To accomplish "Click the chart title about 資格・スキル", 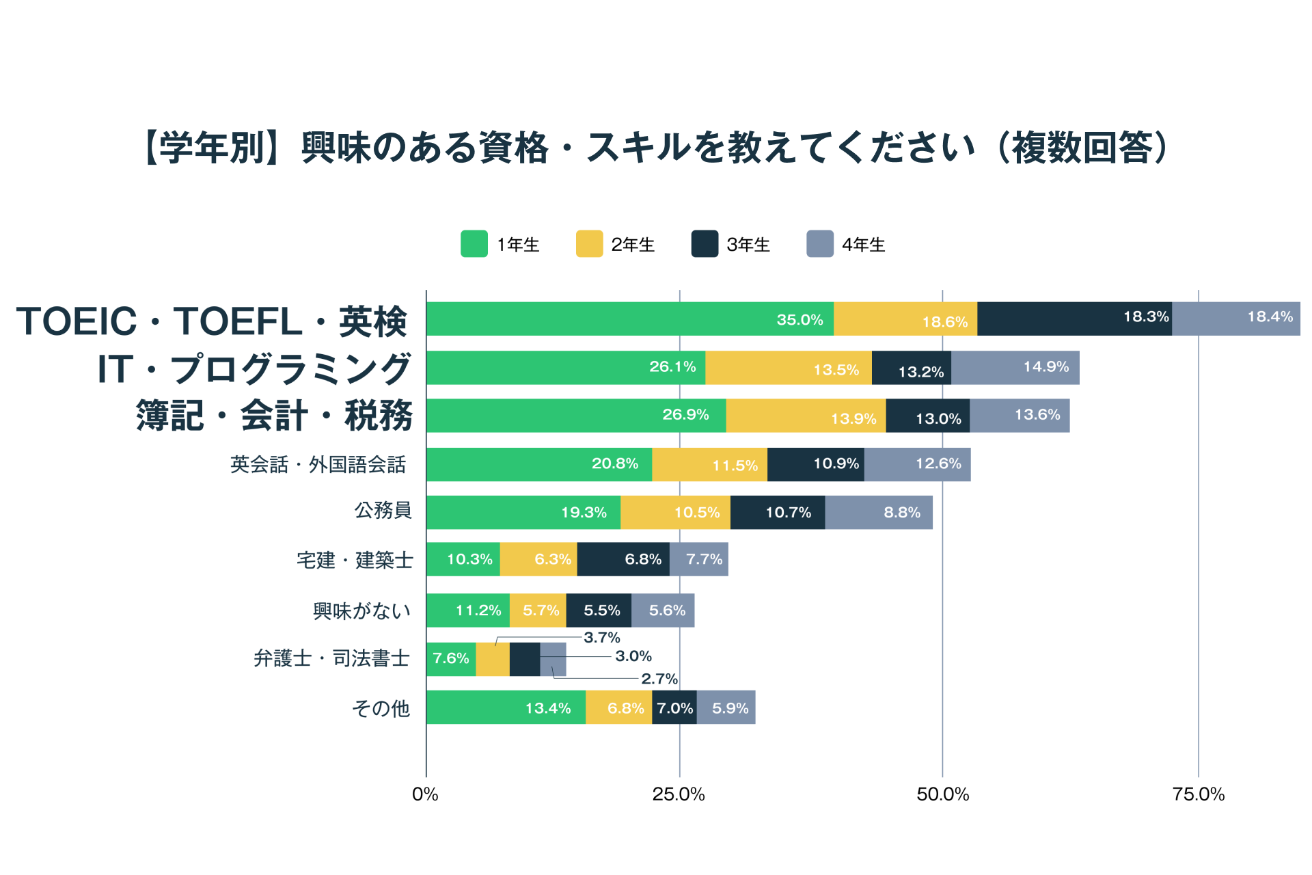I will [656, 148].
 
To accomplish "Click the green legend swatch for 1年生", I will [474, 244].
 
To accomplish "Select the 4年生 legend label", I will [863, 245].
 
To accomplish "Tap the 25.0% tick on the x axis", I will [679, 794].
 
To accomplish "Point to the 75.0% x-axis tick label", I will [1199, 794].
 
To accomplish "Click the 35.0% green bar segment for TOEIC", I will [629, 319].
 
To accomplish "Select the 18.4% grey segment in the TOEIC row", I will [1235, 319].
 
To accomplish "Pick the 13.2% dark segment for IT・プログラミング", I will [911, 368].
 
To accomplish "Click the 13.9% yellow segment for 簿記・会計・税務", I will [806, 416].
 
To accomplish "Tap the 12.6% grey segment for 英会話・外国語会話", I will [917, 464].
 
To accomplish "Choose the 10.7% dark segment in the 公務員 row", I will [777, 512].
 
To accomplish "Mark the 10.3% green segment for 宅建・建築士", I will [463, 559].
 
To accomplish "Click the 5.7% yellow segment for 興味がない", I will [538, 610].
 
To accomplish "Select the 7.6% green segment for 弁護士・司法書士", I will [451, 659].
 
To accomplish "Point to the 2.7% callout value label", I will [659, 679].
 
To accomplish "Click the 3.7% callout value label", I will [602, 638].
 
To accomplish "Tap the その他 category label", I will [381, 708].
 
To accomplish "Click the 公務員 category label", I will [383, 510].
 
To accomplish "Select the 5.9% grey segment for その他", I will [726, 708].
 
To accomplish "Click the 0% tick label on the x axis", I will [425, 794].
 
